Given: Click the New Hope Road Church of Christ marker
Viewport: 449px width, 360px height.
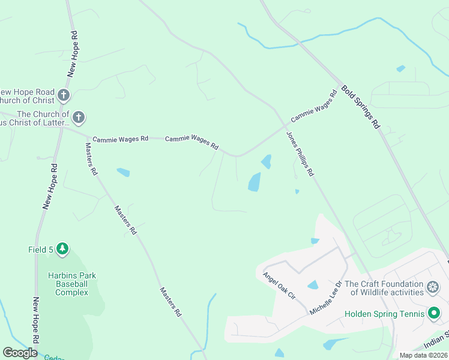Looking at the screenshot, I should [64, 95].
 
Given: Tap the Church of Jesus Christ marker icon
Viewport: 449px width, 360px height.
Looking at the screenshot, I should [79, 117].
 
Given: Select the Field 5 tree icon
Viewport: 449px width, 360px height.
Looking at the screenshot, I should [62, 249].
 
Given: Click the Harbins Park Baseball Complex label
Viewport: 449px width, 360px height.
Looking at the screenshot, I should [72, 284].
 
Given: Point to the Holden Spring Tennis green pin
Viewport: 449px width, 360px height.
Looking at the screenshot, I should [433, 313].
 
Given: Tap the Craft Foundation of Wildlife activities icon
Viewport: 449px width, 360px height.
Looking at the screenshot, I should [432, 288].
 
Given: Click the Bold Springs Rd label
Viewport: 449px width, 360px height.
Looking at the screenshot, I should [361, 107].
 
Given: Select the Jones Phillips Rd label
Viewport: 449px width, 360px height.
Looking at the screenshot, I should [300, 154].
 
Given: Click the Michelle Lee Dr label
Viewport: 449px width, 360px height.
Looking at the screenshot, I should [325, 298].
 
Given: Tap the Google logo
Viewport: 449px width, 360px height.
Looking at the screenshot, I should [20, 353].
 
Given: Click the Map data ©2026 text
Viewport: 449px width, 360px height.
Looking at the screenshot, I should [423, 355].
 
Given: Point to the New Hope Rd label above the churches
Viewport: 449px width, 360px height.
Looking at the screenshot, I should [74, 53].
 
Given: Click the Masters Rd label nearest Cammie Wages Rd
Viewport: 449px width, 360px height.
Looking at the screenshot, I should [91, 158].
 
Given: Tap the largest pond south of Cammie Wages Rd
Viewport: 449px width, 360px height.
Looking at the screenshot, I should [255, 182].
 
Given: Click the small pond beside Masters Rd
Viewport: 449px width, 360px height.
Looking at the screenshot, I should [123, 173].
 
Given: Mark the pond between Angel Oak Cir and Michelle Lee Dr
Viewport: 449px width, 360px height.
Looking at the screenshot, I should [312, 284].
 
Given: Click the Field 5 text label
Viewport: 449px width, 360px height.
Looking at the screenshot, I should [40, 249].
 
